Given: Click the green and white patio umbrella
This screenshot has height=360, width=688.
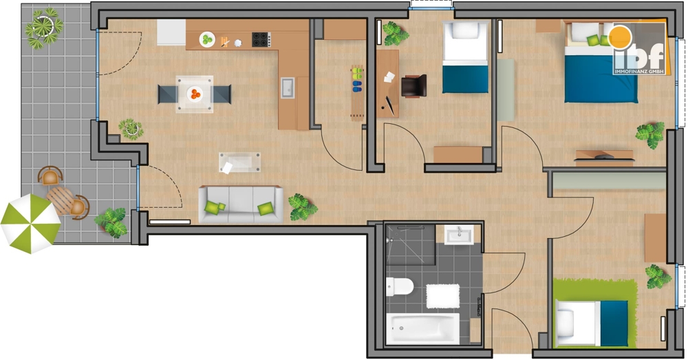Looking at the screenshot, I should click(30, 223).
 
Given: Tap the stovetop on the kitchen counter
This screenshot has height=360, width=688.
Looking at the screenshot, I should click(261, 39).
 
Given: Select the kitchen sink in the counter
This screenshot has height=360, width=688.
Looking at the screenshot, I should click(288, 88).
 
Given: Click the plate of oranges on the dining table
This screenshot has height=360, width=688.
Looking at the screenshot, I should click(195, 94).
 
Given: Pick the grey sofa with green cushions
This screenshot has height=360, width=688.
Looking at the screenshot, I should click(241, 204).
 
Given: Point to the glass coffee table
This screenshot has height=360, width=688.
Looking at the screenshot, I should click(239, 163).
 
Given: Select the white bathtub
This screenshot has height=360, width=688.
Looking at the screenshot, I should click(422, 328).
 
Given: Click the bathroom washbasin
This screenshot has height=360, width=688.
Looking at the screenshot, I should click(458, 235).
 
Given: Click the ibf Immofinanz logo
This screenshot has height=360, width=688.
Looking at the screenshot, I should click(638, 50).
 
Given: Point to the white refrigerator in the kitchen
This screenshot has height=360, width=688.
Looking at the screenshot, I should click(171, 32).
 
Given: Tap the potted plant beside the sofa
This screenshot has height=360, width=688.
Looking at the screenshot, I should click(302, 207).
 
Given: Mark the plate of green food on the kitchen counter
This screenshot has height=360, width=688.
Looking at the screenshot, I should click(207, 40).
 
